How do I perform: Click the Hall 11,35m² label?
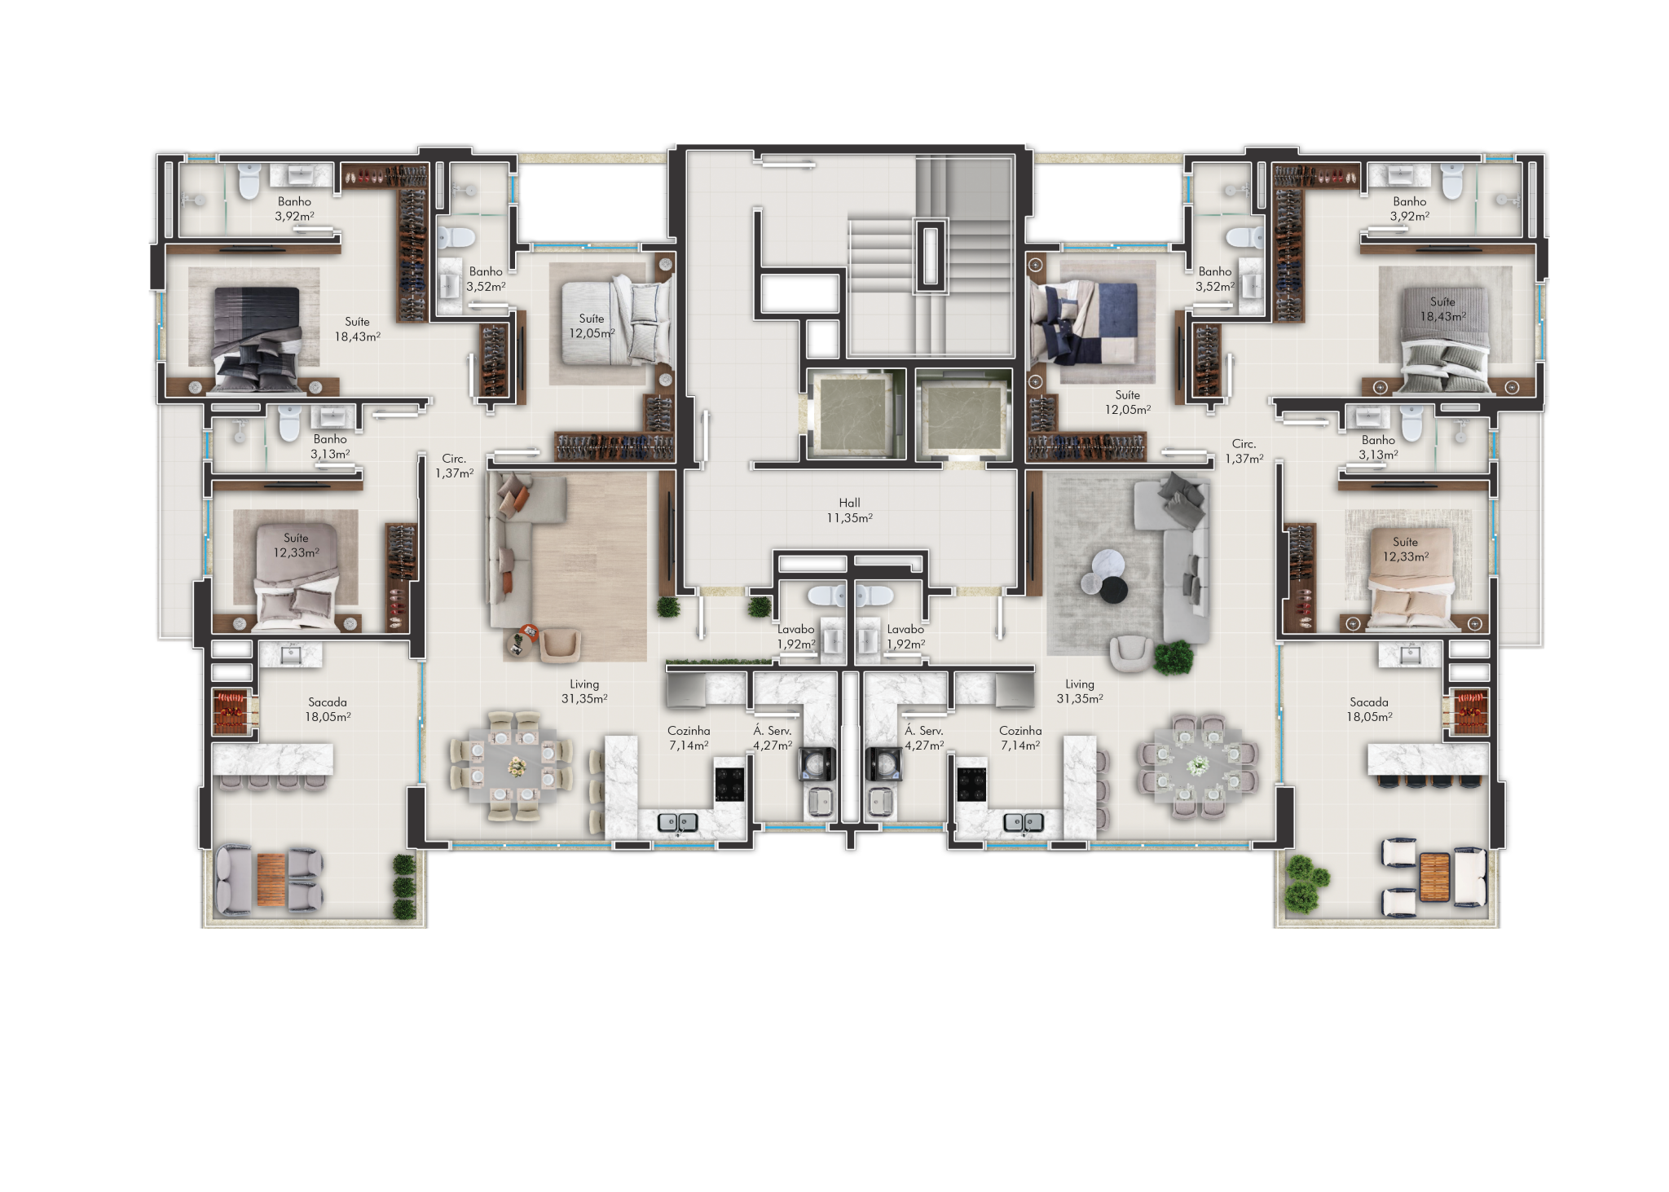(849, 510)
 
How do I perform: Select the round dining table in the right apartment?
(1198, 766)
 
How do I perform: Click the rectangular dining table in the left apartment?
(517, 766)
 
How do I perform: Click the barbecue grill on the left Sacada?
(230, 711)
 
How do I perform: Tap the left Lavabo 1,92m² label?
(795, 636)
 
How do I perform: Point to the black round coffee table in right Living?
(1113, 590)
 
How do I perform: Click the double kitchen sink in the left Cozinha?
(678, 822)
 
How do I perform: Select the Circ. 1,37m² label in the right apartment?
(1244, 451)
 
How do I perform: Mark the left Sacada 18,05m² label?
(328, 710)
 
